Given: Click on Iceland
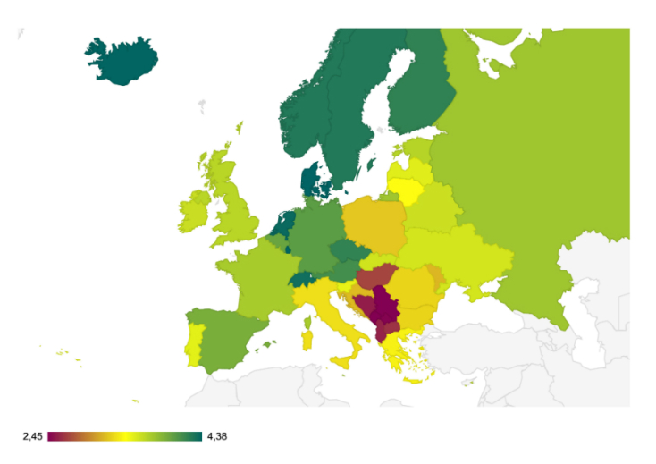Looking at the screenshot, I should [122, 60].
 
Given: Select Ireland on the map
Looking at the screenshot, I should [194, 213].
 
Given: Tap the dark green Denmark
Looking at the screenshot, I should [312, 179].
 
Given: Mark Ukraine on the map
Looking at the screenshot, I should [456, 255].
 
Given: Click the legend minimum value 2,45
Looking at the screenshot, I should [32, 436].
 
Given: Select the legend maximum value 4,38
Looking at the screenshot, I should [218, 436].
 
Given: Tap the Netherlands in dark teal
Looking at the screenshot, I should [283, 223].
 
